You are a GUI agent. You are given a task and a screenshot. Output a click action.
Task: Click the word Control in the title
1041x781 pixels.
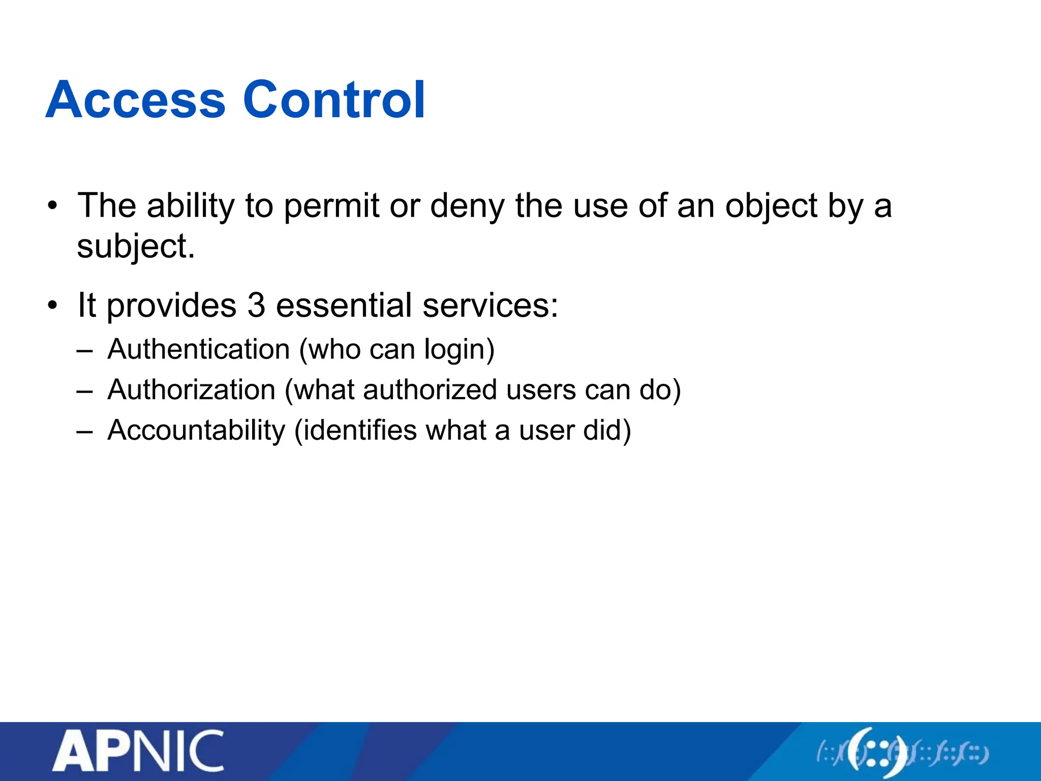tap(334, 100)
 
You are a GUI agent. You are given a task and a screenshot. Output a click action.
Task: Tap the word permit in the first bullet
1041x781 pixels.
tap(331, 206)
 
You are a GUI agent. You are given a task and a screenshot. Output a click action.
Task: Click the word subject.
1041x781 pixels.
tap(136, 247)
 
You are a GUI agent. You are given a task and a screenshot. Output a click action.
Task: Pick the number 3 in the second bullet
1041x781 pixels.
tap(257, 306)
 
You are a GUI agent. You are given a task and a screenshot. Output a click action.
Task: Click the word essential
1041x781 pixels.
tap(344, 306)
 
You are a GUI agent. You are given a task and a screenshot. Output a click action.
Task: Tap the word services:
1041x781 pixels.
tap(491, 306)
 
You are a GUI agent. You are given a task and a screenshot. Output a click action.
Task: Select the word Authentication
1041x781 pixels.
tap(199, 350)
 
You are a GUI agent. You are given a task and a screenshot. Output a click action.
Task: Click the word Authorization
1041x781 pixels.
tap(192, 390)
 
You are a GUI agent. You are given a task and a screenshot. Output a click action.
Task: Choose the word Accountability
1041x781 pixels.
tap(197, 431)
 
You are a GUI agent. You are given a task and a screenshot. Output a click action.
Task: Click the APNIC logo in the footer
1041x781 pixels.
tap(138, 751)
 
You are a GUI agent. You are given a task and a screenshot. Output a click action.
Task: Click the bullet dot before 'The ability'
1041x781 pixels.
tap(52, 206)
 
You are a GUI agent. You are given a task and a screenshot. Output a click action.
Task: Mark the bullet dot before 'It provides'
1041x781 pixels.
tap(52, 306)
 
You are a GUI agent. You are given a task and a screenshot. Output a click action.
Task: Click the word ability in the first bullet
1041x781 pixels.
tap(191, 206)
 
